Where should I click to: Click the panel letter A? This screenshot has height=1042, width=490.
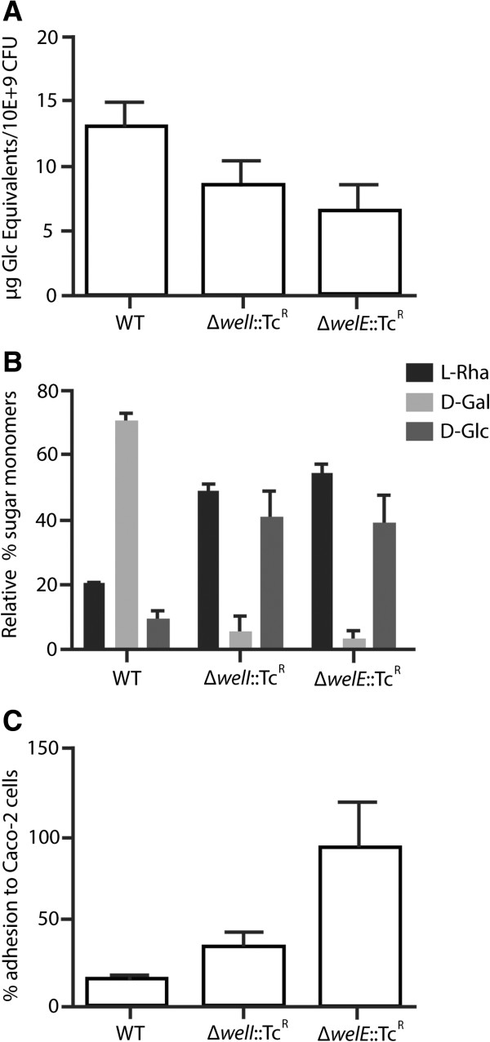tap(11, 11)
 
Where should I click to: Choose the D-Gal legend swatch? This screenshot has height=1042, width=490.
tap(423, 403)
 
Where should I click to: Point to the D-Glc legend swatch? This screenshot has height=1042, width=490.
tap(423, 432)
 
